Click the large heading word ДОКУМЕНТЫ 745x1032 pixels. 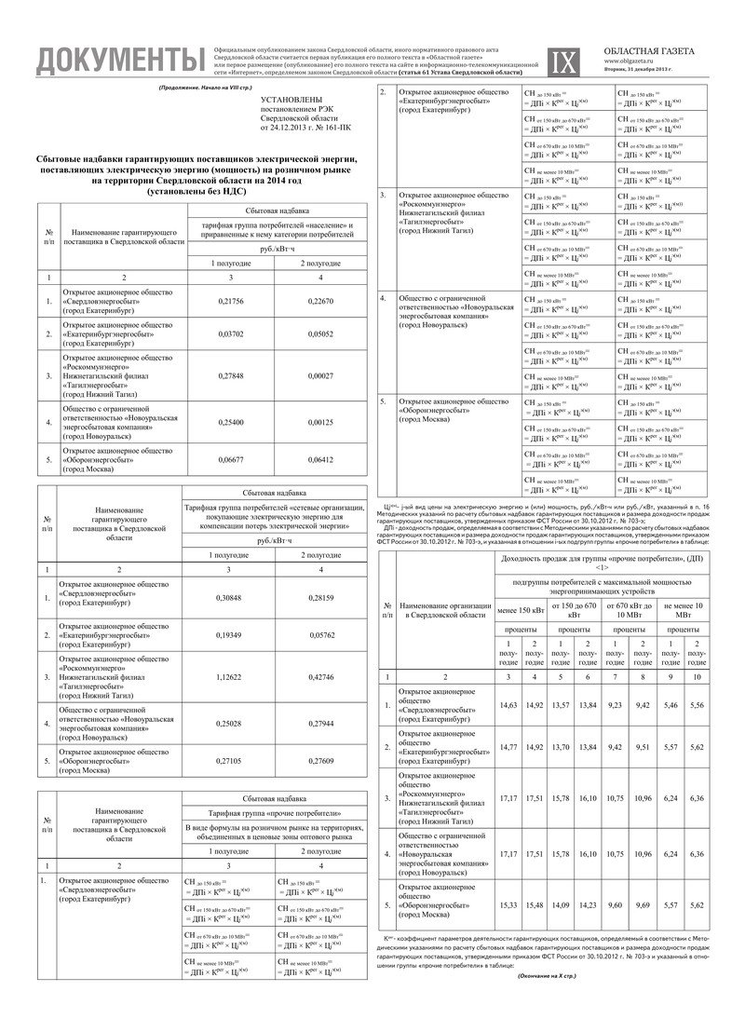pyautogui.click(x=117, y=61)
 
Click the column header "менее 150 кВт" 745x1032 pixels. pyautogui.click(x=521, y=610)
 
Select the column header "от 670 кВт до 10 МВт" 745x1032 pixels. pyautogui.click(x=628, y=610)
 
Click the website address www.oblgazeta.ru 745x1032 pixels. pyautogui.click(x=657, y=61)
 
